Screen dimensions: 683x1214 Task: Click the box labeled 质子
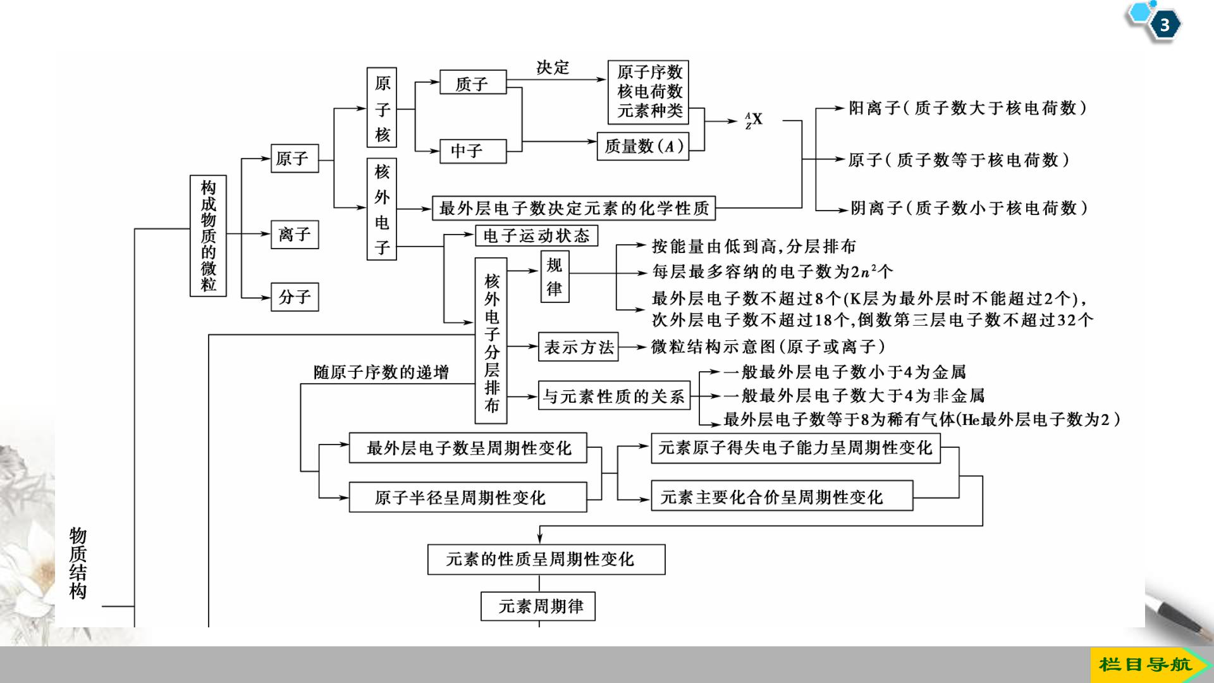pyautogui.click(x=473, y=83)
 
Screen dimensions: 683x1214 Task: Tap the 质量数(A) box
pyautogui.click(x=642, y=146)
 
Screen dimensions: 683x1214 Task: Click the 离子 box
pyautogui.click(x=295, y=235)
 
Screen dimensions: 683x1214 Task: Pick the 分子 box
pyautogui.click(x=295, y=297)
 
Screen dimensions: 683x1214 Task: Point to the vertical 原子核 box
pyautogui.click(x=382, y=108)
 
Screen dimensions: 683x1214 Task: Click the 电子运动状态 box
pyautogui.click(x=536, y=236)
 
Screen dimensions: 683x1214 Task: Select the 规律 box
pyautogui.click(x=555, y=276)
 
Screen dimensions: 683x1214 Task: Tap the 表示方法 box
pyautogui.click(x=578, y=347)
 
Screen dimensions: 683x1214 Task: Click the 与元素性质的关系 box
pyautogui.click(x=613, y=397)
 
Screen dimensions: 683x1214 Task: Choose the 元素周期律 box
pyautogui.click(x=538, y=606)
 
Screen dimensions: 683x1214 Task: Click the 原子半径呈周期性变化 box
pyautogui.click(x=468, y=498)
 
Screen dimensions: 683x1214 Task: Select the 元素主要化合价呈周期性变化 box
pyautogui.click(x=782, y=496)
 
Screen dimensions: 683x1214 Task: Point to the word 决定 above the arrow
pyautogui.click(x=553, y=68)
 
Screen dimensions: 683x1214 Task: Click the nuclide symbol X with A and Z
pyautogui.click(x=754, y=120)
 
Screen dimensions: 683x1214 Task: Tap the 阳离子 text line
pyautogui.click(x=967, y=108)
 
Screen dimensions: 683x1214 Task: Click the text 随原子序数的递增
pyautogui.click(x=381, y=372)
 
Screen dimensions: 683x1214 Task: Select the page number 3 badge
pyautogui.click(x=1164, y=25)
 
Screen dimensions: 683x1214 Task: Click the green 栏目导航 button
pyautogui.click(x=1146, y=665)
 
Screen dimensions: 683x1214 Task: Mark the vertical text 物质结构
pyautogui.click(x=78, y=563)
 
